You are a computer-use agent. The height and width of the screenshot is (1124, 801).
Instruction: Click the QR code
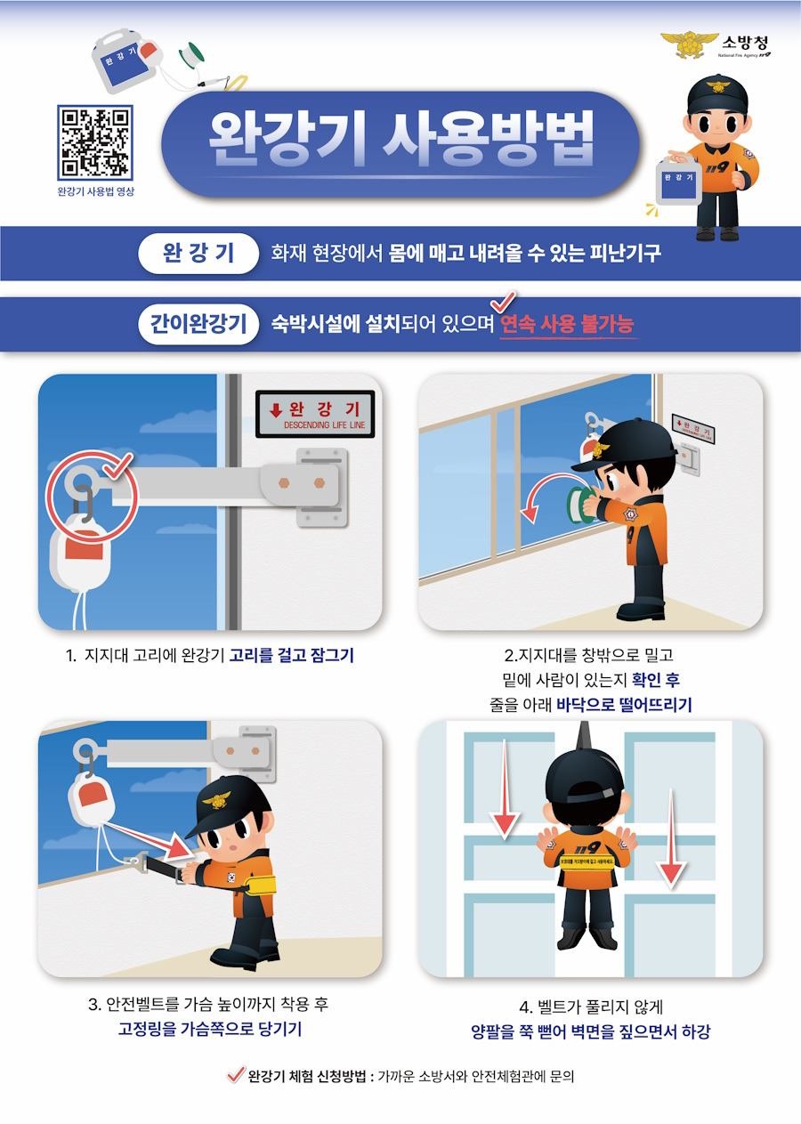(95, 142)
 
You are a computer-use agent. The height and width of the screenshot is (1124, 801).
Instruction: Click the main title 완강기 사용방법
(400, 142)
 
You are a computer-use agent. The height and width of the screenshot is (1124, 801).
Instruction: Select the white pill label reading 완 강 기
(198, 253)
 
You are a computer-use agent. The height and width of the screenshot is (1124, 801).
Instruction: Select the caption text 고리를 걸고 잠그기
(291, 656)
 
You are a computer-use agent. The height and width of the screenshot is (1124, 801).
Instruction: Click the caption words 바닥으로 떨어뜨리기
(624, 705)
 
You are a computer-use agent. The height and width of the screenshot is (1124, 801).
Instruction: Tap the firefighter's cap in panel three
(230, 800)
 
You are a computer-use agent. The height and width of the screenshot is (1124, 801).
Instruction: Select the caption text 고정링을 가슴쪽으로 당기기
(209, 1031)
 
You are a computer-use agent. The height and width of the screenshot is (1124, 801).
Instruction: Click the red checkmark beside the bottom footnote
(236, 1075)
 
